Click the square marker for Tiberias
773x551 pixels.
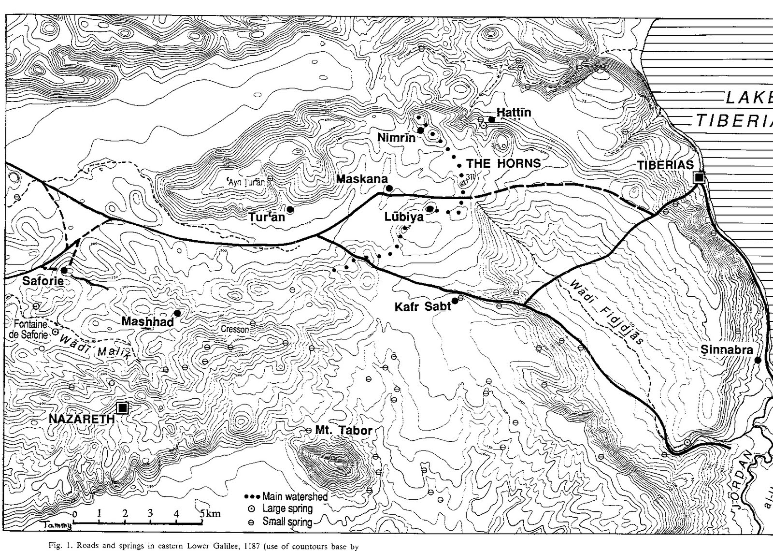pyautogui.click(x=699, y=177)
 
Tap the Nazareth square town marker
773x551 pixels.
pyautogui.click(x=123, y=408)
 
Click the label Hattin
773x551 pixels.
pyautogui.click(x=514, y=112)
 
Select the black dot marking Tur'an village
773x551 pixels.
pyautogui.click(x=290, y=209)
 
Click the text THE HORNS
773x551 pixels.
pyautogui.click(x=503, y=163)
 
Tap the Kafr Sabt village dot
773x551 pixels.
pyautogui.click(x=455, y=301)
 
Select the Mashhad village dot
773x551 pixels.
pyautogui.click(x=177, y=313)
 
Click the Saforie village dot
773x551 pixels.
pyautogui.click(x=64, y=270)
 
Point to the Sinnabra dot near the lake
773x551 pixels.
pyautogui.click(x=758, y=360)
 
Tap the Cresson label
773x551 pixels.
pyautogui.click(x=235, y=329)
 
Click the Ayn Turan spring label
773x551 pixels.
pyautogui.click(x=246, y=183)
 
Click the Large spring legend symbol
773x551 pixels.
pyautogui.click(x=251, y=509)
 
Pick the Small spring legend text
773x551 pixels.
pyautogui.click(x=287, y=522)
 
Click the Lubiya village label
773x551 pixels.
pyautogui.click(x=404, y=217)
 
